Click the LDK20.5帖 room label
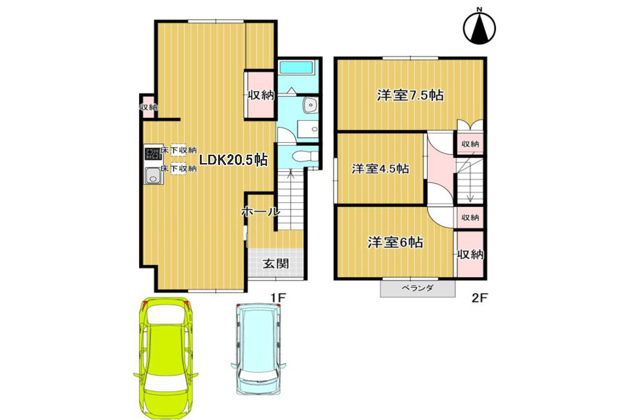tap(233, 160)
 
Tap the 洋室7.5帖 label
tap(410, 95)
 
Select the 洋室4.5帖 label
tap(380, 169)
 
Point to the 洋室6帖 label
tap(395, 242)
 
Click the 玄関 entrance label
tap(276, 264)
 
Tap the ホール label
tap(260, 211)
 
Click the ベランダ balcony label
tap(417, 288)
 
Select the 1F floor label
tap(278, 297)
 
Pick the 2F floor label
tap(480, 298)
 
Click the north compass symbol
tap(479, 27)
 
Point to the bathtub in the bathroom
tap(296, 68)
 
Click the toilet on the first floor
tap(305, 156)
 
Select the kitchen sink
tap(153, 175)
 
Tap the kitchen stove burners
tap(153, 154)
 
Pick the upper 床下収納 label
tap(179, 150)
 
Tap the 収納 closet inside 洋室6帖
tap(470, 254)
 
